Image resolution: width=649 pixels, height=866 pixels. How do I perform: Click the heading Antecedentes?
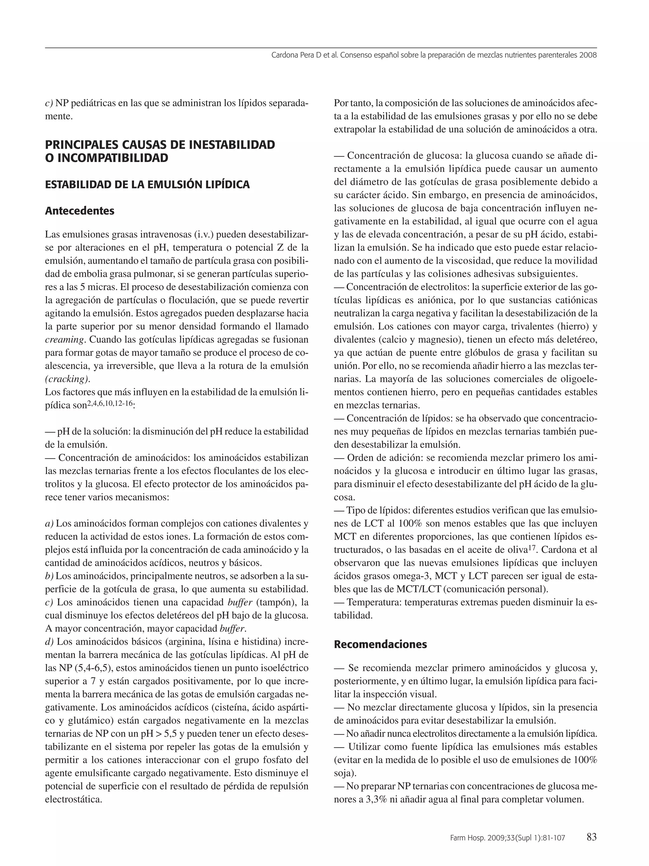[x=80, y=211]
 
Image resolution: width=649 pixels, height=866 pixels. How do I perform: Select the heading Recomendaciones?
[x=380, y=644]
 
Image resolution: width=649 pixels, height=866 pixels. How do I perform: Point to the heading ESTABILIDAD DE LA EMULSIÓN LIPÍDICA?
[x=147, y=185]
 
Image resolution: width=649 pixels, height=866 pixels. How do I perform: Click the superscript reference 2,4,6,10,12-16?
[x=109, y=403]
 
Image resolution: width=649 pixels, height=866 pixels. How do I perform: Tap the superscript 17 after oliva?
[x=531, y=548]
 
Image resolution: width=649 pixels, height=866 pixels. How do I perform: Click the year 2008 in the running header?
[x=588, y=55]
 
